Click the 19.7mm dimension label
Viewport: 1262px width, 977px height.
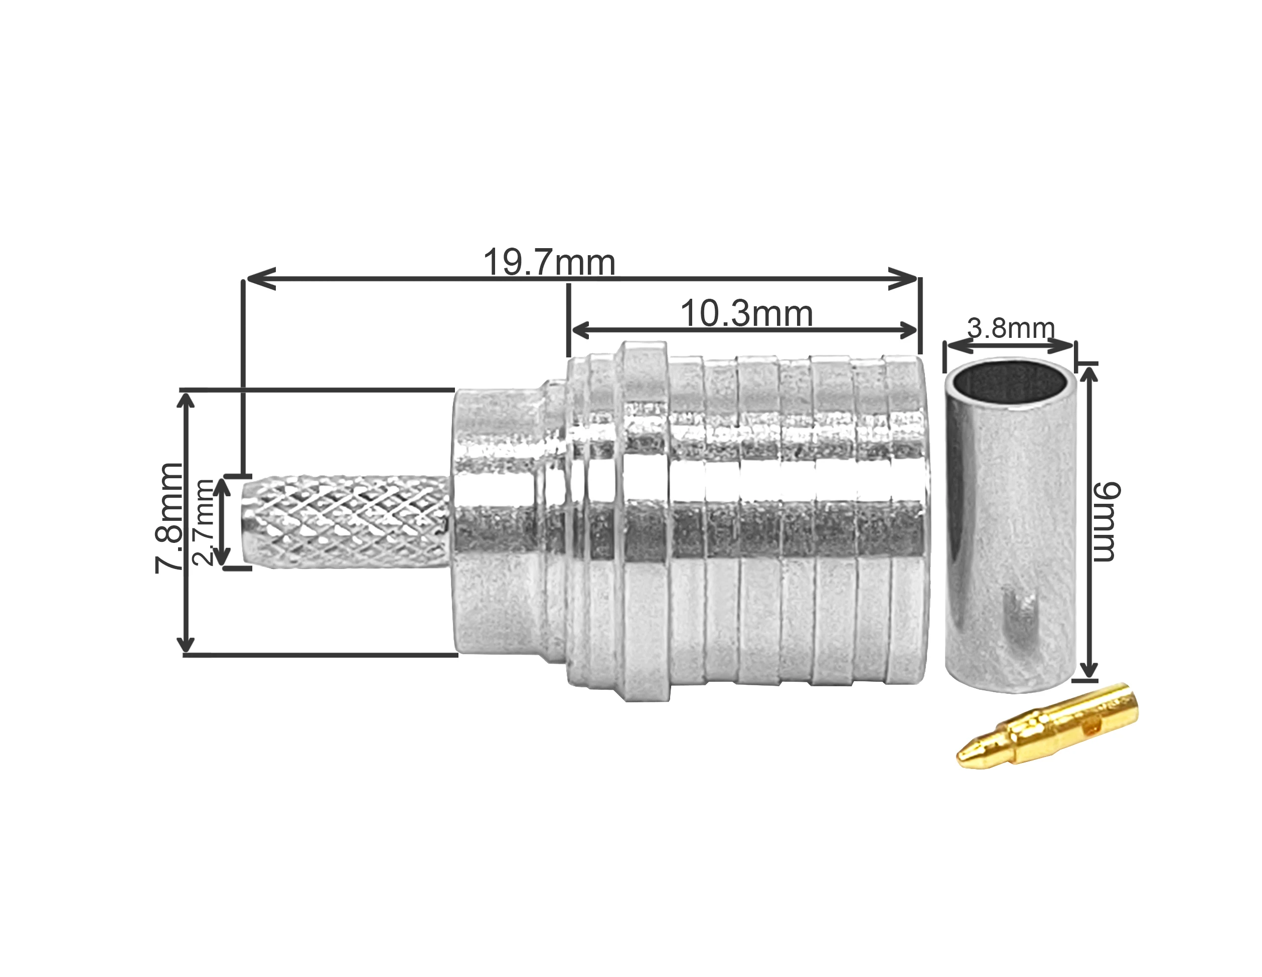pyautogui.click(x=549, y=263)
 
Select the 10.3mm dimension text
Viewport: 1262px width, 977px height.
pyautogui.click(x=746, y=313)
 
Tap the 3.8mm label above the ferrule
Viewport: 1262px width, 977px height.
pyautogui.click(x=1011, y=328)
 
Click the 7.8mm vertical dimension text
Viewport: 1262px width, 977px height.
pyautogui.click(x=169, y=518)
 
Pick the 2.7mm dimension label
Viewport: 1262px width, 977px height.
pyautogui.click(x=204, y=522)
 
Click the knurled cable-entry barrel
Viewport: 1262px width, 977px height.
pyautogui.click(x=346, y=521)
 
